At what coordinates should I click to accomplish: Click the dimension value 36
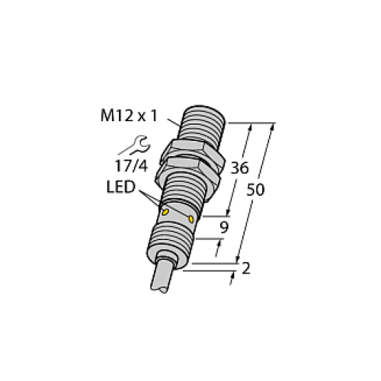(240, 168)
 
